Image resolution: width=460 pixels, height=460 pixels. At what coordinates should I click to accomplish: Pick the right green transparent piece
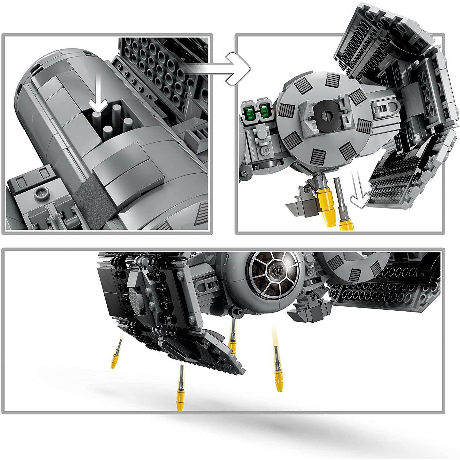click(x=265, y=109)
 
